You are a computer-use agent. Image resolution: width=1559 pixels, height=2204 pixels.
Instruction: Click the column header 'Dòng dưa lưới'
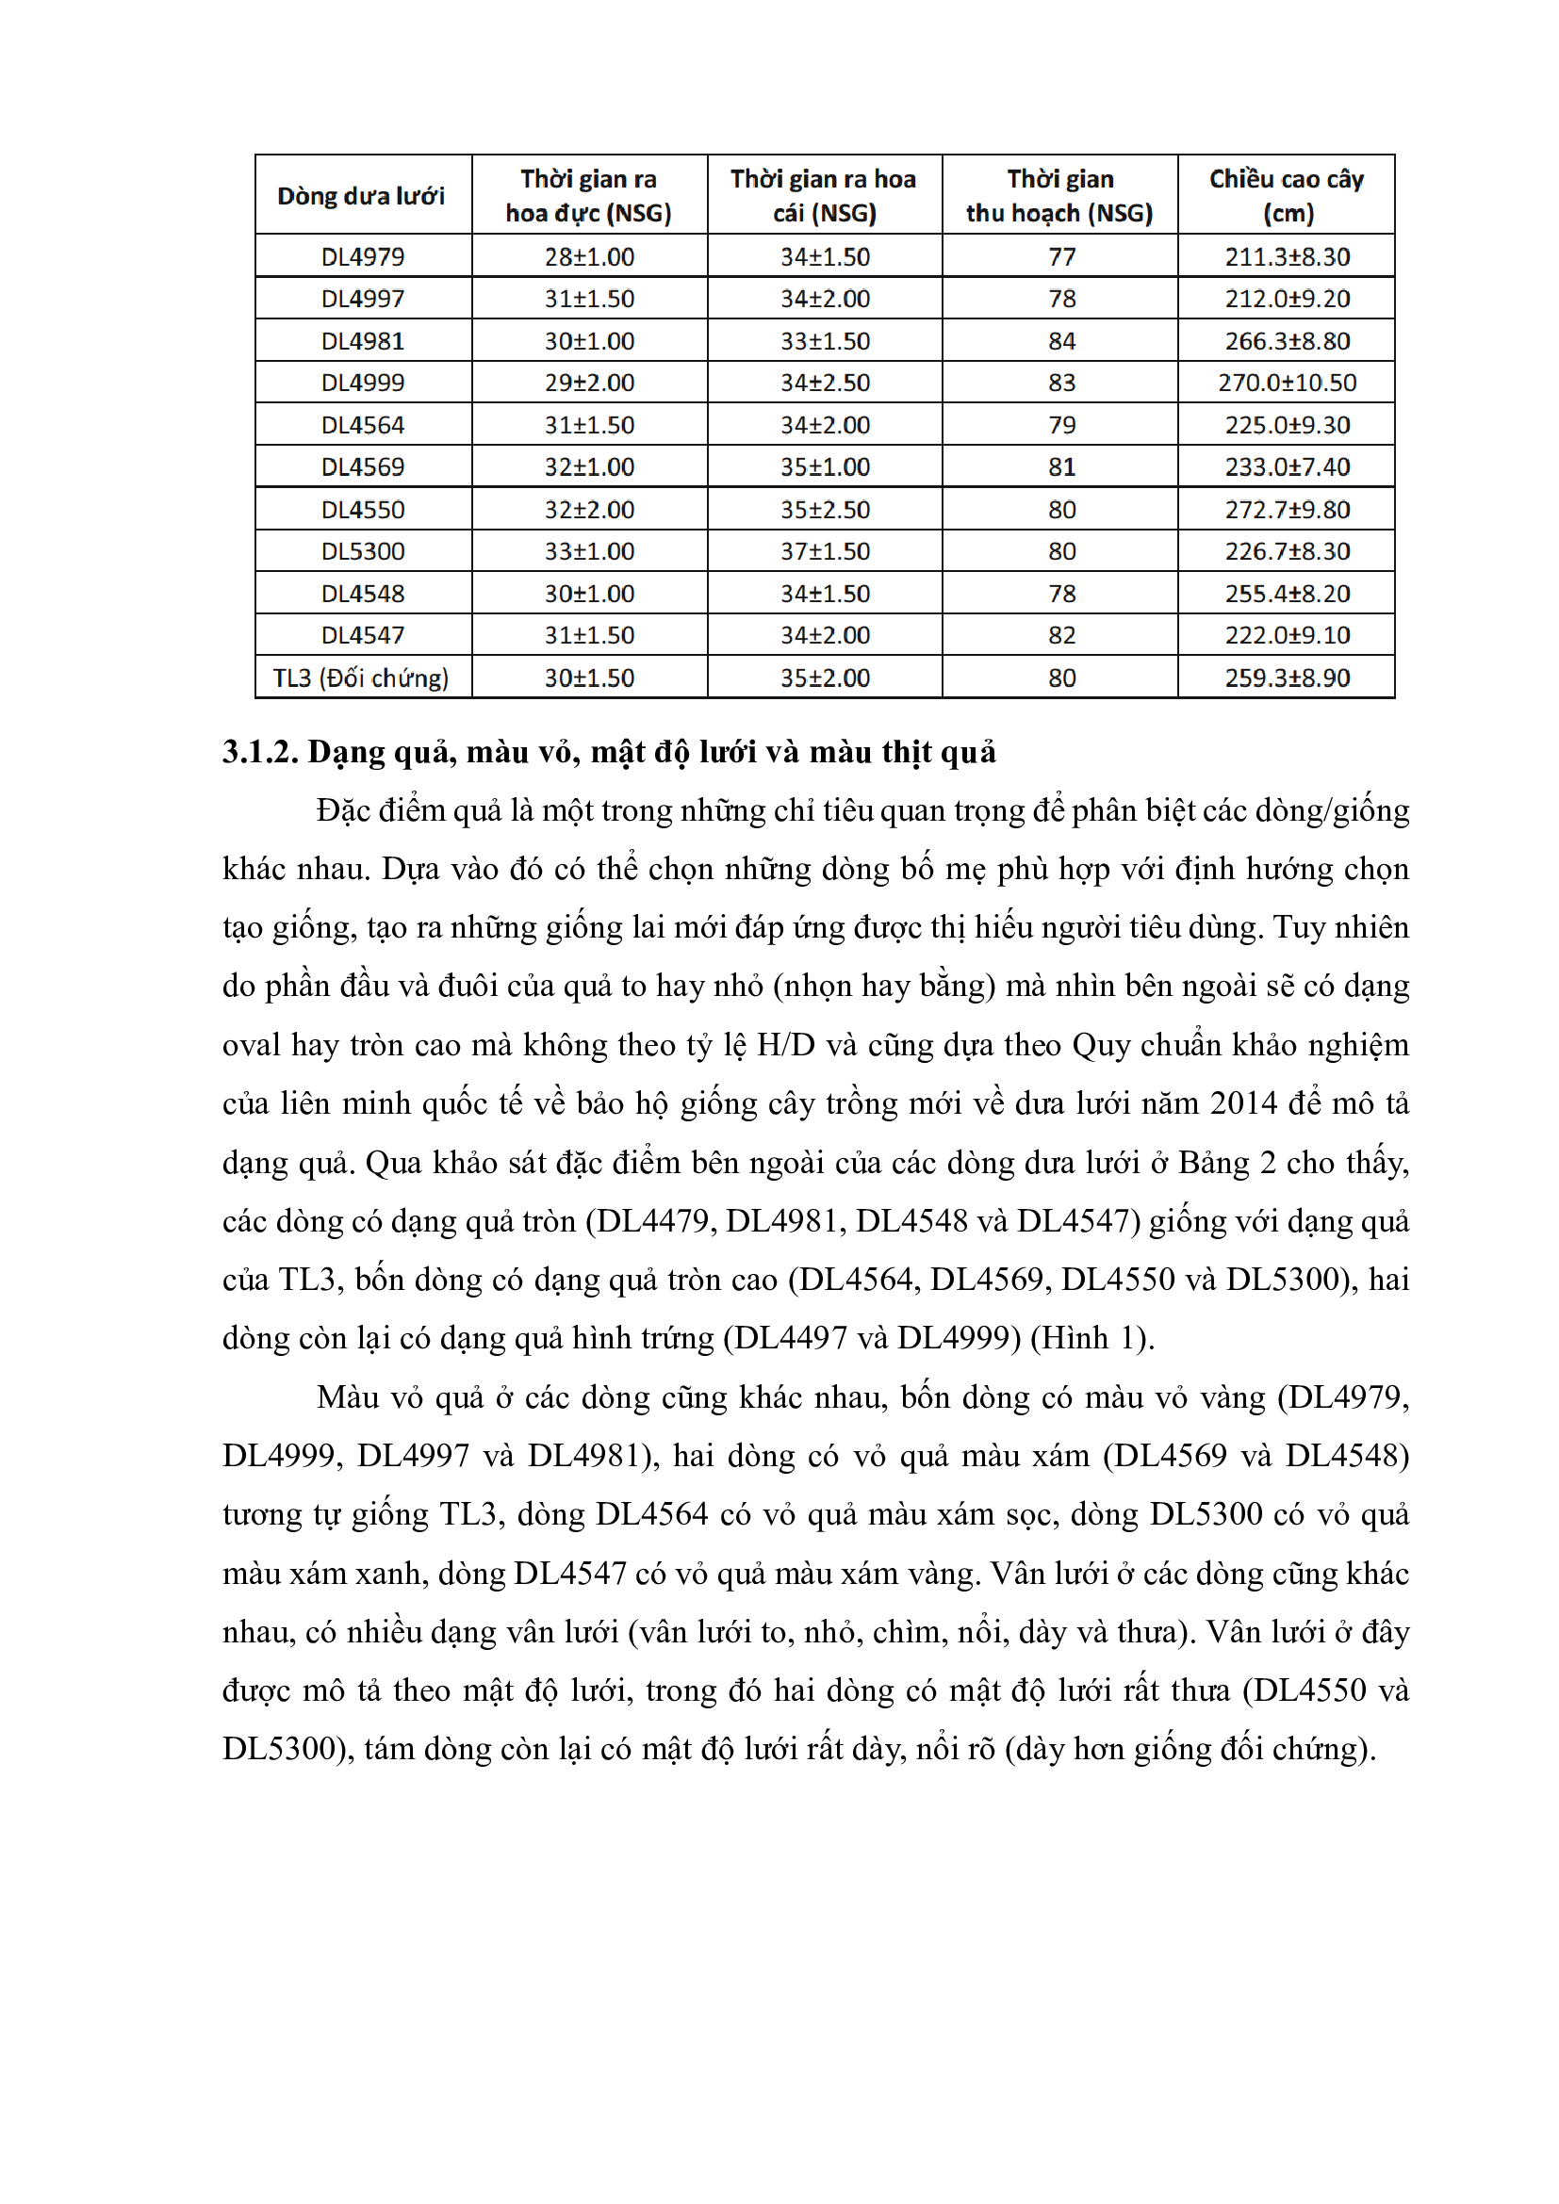361,196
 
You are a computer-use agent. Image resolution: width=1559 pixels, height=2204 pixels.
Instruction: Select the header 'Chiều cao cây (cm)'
1287,196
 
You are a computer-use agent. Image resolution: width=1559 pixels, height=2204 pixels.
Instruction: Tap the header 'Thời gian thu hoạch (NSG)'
1059,196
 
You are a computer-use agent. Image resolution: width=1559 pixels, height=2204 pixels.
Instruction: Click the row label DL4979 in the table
363,257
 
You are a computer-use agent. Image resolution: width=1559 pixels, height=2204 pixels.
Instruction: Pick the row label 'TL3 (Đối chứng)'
361,678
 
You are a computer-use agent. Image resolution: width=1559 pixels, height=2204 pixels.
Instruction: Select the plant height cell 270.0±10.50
1288,383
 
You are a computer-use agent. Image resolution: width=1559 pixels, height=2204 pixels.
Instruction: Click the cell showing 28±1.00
589,257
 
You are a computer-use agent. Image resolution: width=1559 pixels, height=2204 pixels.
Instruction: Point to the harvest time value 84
1061,341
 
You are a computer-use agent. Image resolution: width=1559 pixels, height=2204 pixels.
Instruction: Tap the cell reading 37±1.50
825,552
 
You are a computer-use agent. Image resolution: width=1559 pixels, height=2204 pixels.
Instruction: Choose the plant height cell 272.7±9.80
1288,510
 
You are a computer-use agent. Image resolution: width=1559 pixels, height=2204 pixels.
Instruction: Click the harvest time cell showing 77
1061,257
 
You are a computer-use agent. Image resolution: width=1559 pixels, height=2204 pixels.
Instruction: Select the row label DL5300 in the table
363,552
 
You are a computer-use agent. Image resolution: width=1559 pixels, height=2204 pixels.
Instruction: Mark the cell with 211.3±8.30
1288,257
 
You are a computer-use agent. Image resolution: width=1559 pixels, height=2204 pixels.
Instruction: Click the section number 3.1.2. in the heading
260,753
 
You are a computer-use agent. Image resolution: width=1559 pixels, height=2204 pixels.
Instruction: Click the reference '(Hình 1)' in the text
1091,1338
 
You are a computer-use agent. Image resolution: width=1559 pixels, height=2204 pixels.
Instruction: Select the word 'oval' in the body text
252,1045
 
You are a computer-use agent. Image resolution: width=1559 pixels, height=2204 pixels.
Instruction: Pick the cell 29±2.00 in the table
589,383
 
